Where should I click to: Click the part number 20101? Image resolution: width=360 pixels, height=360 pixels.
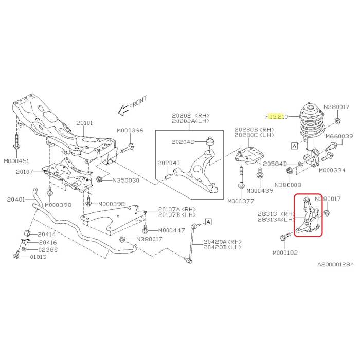84,123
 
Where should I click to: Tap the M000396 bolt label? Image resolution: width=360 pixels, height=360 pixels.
130,131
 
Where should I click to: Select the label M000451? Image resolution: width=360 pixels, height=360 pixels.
17,160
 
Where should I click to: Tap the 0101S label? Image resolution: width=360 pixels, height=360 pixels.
37,257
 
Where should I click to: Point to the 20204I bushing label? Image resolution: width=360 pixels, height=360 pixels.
168,164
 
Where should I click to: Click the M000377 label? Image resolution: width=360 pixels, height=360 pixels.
241,201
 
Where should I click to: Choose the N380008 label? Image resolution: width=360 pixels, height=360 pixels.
289,184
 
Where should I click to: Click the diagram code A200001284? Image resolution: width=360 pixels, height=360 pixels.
335,264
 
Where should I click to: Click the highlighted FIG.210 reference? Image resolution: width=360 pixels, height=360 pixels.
275,117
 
